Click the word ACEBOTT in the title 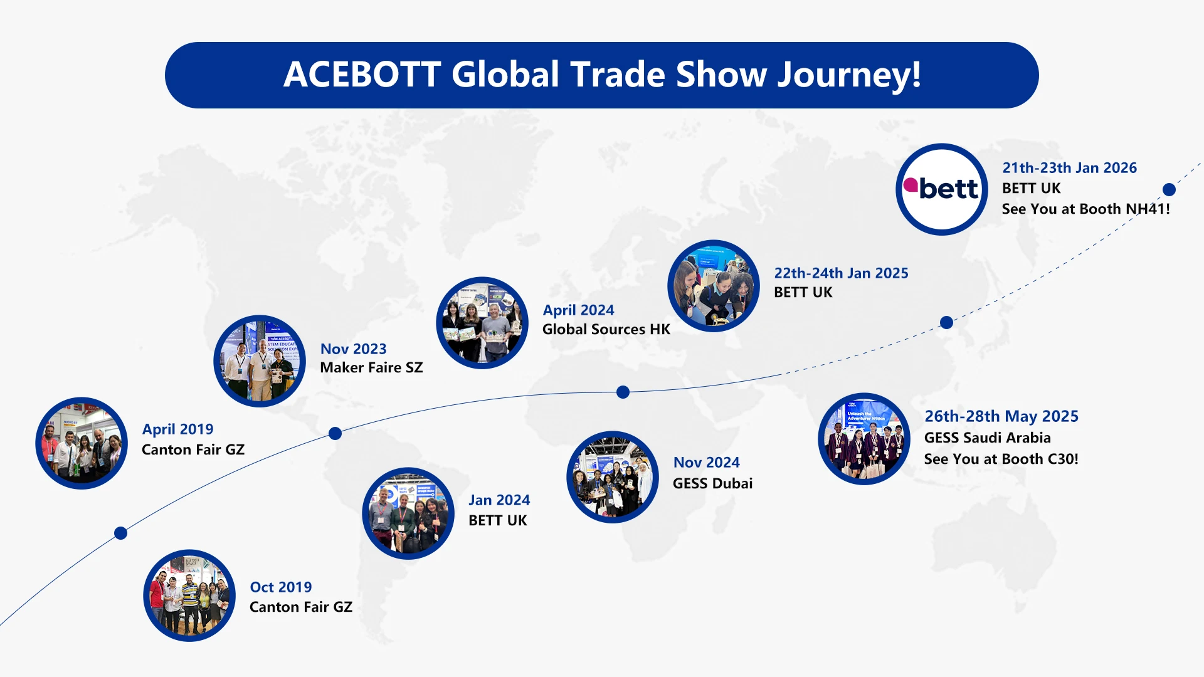[x=362, y=75]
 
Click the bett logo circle [x=942, y=189]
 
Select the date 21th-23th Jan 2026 [x=1069, y=168]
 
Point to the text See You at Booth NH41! [x=1085, y=209]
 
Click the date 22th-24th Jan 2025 [x=841, y=273]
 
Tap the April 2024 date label [x=578, y=310]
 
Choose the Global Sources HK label [x=606, y=329]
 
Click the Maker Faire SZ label [x=371, y=367]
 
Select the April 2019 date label [x=177, y=429]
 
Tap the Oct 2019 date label [x=280, y=587]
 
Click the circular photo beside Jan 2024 [x=408, y=513]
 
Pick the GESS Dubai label [x=712, y=483]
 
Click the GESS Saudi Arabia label [x=987, y=438]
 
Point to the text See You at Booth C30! [x=1001, y=459]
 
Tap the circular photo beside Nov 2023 [x=260, y=361]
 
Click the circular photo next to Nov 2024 [x=613, y=477]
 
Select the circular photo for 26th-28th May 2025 [x=864, y=439]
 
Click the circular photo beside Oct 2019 [x=189, y=596]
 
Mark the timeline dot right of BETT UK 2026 [x=1169, y=189]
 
